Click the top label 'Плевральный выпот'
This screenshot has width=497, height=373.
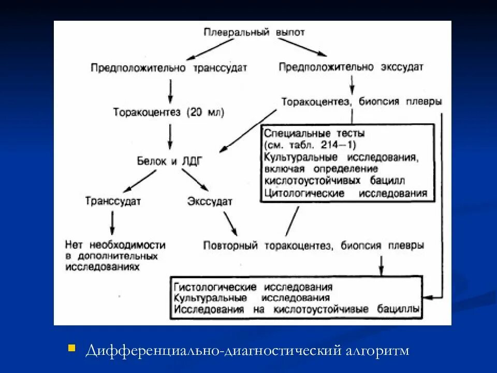coord(254,32)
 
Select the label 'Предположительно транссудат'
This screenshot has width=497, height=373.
coord(169,68)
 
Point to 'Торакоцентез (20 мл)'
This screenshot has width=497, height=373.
coord(169,112)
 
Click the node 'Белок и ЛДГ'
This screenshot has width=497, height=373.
coord(169,161)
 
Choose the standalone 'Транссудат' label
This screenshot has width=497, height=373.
coord(113,201)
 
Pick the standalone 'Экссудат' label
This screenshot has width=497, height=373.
coord(210,201)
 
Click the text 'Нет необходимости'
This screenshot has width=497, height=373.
coord(115,245)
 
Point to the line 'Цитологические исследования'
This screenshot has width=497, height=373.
coord(345,193)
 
